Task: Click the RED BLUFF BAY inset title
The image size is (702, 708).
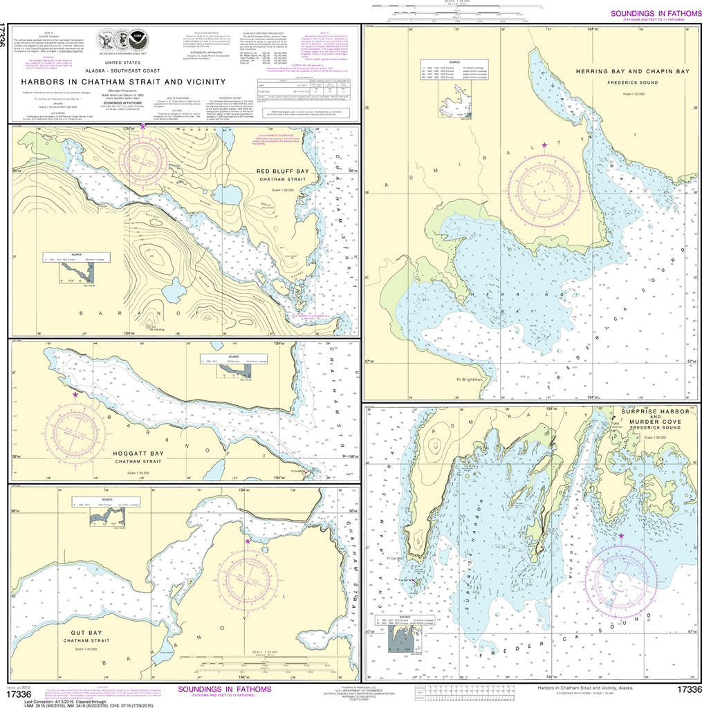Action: click(283, 171)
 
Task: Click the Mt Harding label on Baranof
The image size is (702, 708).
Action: click(155, 328)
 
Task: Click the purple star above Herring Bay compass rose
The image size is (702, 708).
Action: click(544, 145)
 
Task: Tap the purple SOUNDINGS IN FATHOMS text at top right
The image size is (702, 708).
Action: click(653, 14)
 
